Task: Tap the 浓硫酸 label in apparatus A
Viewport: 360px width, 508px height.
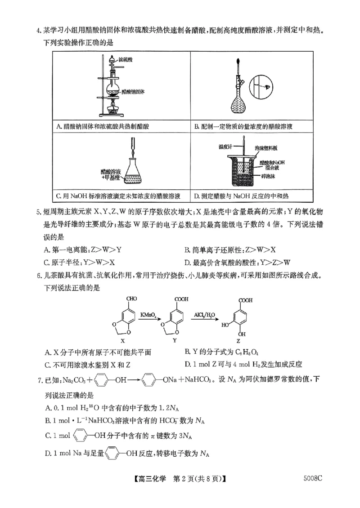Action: (126, 59)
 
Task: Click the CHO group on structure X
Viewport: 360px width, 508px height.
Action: (132, 298)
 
